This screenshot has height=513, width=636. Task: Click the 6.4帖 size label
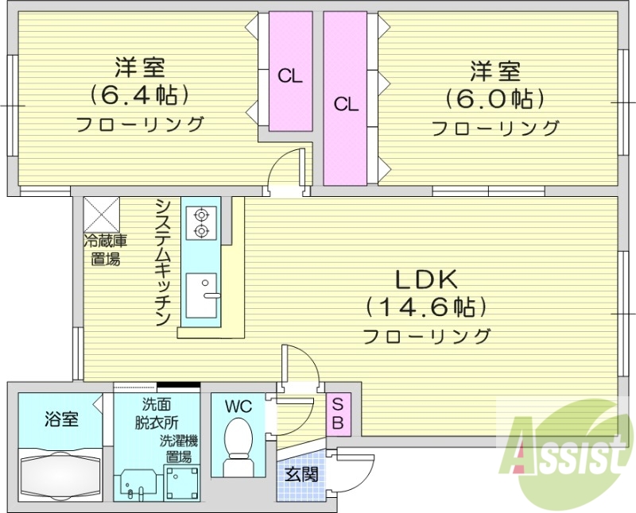139,96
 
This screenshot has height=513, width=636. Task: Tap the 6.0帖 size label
494,99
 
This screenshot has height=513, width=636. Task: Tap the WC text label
238,407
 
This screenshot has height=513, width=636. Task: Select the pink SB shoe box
336,413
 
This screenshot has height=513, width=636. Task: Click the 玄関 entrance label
302,476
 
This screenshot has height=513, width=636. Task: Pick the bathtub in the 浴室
60,474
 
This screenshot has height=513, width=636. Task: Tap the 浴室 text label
61,418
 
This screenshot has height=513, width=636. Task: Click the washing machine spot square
181,483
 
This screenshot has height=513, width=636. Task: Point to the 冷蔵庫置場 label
106,249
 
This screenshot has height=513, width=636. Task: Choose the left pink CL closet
289,75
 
